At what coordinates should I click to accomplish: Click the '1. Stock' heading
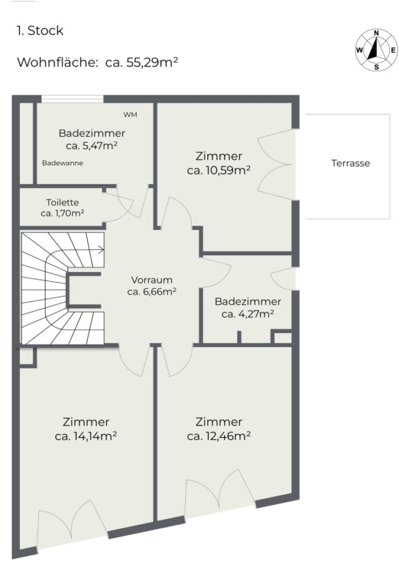coord(40,30)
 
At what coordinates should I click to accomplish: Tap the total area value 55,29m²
coord(152,62)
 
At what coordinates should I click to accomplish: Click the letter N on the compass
coord(376,33)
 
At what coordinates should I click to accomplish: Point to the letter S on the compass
coord(377,67)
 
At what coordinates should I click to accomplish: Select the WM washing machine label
coord(130,115)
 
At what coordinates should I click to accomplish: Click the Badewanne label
coord(62,163)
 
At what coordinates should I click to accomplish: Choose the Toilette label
coord(62,202)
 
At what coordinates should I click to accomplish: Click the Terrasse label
coord(350,163)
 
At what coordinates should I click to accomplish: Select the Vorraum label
coord(152,280)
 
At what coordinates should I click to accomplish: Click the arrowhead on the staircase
coord(102,250)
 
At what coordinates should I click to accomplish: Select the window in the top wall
coord(72,99)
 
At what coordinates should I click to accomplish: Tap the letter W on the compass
coord(359,50)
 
